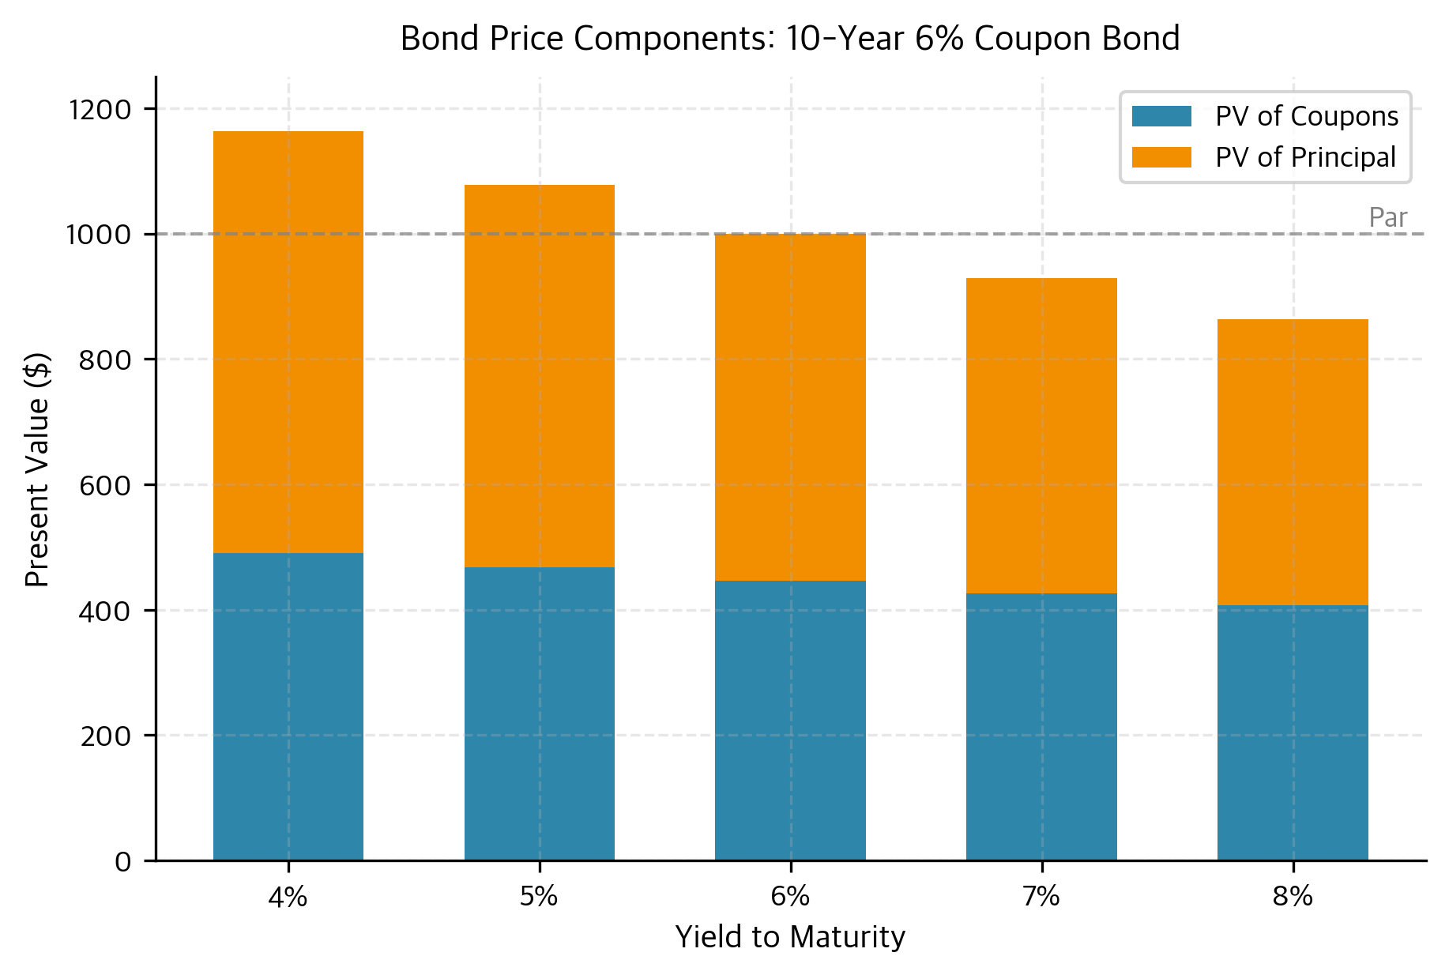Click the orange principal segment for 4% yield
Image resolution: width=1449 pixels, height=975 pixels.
point(288,341)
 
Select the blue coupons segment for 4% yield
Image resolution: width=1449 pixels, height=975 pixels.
point(288,706)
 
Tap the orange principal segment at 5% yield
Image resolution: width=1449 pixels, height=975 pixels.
point(540,375)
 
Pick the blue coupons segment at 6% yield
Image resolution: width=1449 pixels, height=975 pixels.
point(790,720)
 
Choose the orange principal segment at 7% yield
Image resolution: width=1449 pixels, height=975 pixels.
point(1041,435)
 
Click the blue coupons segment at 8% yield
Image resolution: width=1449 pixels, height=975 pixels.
point(1293,732)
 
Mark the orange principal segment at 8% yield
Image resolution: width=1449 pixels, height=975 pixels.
point(1293,462)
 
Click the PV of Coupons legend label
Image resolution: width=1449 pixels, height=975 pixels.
point(1306,116)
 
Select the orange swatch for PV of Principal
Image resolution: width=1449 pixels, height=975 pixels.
point(1161,157)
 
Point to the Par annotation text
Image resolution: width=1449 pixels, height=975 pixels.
point(1387,218)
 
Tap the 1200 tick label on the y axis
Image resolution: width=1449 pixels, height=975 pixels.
point(100,110)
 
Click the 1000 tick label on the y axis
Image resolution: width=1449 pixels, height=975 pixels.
point(100,235)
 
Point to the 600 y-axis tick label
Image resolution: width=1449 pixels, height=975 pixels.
point(105,485)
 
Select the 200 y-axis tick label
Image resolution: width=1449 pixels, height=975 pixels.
point(105,736)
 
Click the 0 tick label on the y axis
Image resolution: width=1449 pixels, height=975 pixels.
point(122,861)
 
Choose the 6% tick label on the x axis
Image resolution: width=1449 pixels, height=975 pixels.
point(790,897)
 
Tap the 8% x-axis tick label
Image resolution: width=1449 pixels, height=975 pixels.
point(1293,897)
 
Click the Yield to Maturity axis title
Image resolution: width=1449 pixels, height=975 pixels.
point(790,937)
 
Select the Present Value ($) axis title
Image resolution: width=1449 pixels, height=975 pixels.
point(37,469)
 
